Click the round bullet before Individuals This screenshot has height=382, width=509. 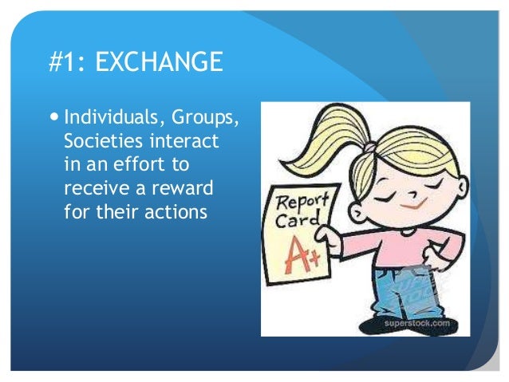(54, 119)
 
